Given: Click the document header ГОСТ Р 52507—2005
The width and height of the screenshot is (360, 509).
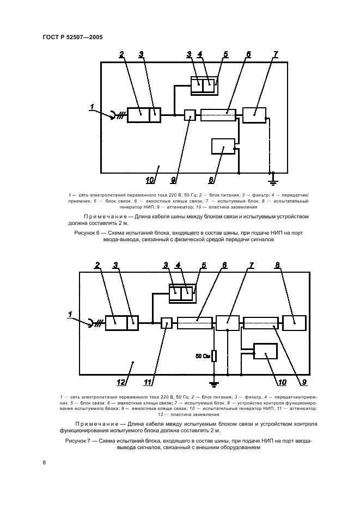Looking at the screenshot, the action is click(x=73, y=38).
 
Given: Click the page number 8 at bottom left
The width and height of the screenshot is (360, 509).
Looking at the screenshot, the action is click(x=44, y=463).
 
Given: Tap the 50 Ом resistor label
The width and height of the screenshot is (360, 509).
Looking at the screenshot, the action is click(x=203, y=356).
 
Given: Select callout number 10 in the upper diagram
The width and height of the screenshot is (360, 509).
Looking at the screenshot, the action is click(x=150, y=180).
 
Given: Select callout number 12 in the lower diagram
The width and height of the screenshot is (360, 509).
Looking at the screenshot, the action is click(x=121, y=382).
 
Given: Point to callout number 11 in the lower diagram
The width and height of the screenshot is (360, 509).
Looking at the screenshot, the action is click(x=148, y=382).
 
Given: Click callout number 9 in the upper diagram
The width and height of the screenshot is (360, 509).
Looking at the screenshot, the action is click(x=173, y=180).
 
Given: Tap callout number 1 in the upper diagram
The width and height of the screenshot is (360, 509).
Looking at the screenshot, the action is click(x=92, y=107).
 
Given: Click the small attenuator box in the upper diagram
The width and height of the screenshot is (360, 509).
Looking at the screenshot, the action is click(x=190, y=115).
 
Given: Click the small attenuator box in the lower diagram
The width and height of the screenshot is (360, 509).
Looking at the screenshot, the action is click(x=167, y=323).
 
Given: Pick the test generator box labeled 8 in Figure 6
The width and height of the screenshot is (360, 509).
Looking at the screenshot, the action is click(x=223, y=146).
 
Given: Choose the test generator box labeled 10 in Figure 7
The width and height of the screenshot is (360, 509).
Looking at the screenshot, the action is click(x=266, y=351).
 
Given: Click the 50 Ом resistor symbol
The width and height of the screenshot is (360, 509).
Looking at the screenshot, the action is click(x=214, y=356).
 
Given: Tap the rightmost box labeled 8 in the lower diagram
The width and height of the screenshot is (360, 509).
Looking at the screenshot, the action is click(x=294, y=323).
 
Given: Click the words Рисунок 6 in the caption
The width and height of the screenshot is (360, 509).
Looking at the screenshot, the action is click(x=87, y=233).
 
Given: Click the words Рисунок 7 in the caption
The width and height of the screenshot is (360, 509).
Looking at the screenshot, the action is click(x=77, y=441).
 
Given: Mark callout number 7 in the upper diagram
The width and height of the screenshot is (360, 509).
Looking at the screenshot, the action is click(x=276, y=54).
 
